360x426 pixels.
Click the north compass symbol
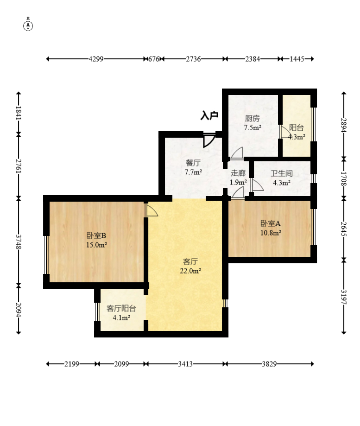28,25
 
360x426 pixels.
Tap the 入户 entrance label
209,115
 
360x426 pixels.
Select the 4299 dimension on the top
96,59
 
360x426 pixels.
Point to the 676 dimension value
154,59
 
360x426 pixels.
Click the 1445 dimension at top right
297,59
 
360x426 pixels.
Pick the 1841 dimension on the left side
19,113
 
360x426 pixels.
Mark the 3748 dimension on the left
19,242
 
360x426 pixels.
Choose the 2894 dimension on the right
344,125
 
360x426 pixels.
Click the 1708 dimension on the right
344,179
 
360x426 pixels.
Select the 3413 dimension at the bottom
185,364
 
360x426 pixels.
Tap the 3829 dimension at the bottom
269,364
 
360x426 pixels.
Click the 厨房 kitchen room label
253,119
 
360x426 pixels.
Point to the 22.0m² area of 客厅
190,271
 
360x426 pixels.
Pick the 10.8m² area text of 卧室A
271,233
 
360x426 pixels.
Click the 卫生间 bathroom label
282,173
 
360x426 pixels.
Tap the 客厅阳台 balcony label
121,308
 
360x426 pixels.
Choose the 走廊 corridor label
238,173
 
